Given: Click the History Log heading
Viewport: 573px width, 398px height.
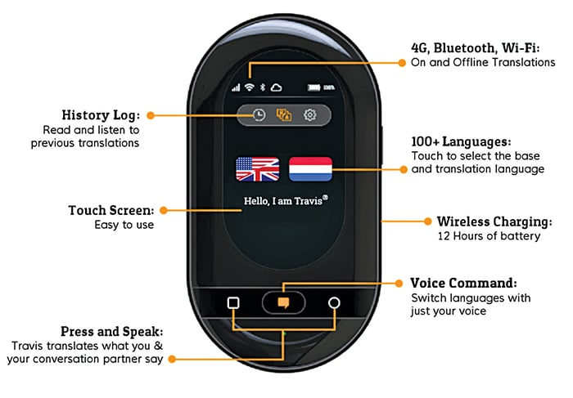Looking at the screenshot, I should coord(101,114).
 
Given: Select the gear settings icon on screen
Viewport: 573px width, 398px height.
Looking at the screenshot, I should coord(309,115).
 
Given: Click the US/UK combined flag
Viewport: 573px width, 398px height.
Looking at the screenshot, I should coord(257,168).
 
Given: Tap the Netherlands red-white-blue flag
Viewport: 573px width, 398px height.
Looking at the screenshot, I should coord(310,168).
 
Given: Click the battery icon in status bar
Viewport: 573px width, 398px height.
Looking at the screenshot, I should coord(314,87).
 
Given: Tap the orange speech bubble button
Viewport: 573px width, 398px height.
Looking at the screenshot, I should coord(283,302).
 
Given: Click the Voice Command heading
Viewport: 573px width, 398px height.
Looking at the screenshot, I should coord(463,283).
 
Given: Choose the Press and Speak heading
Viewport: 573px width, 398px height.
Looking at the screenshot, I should coord(111,331).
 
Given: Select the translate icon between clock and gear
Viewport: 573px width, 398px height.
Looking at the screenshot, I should coord(284,115).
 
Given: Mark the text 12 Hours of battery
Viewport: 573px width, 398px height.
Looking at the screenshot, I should coord(488,236).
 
